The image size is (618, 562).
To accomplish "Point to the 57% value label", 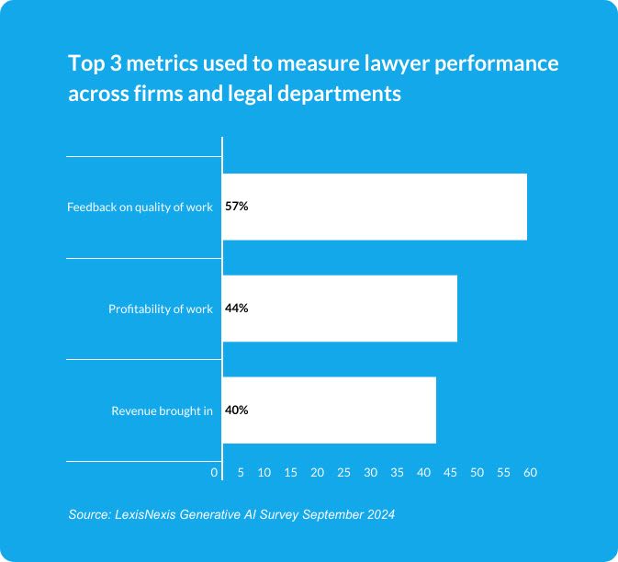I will pyautogui.click(x=237, y=207).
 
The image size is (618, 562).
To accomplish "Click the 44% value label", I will pyautogui.click(x=237, y=309).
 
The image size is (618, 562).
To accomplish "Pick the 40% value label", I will pyautogui.click(x=237, y=410).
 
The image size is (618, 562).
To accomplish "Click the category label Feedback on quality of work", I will pyautogui.click(x=140, y=208).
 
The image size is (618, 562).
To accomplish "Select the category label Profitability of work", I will pyautogui.click(x=161, y=309).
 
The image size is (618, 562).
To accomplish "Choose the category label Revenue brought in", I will pyautogui.click(x=162, y=411).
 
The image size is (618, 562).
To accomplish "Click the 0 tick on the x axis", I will pyautogui.click(x=215, y=472).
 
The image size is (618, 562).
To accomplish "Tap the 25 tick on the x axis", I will pyautogui.click(x=344, y=472).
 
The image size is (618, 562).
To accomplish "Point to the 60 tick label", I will pyautogui.click(x=530, y=472).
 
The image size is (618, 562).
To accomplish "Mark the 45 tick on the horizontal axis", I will pyautogui.click(x=451, y=472).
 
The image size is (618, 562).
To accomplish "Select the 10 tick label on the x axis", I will pyautogui.click(x=264, y=472).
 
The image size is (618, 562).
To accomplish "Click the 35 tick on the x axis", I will pyautogui.click(x=398, y=472).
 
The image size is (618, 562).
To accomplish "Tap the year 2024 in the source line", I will pyautogui.click(x=379, y=514).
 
